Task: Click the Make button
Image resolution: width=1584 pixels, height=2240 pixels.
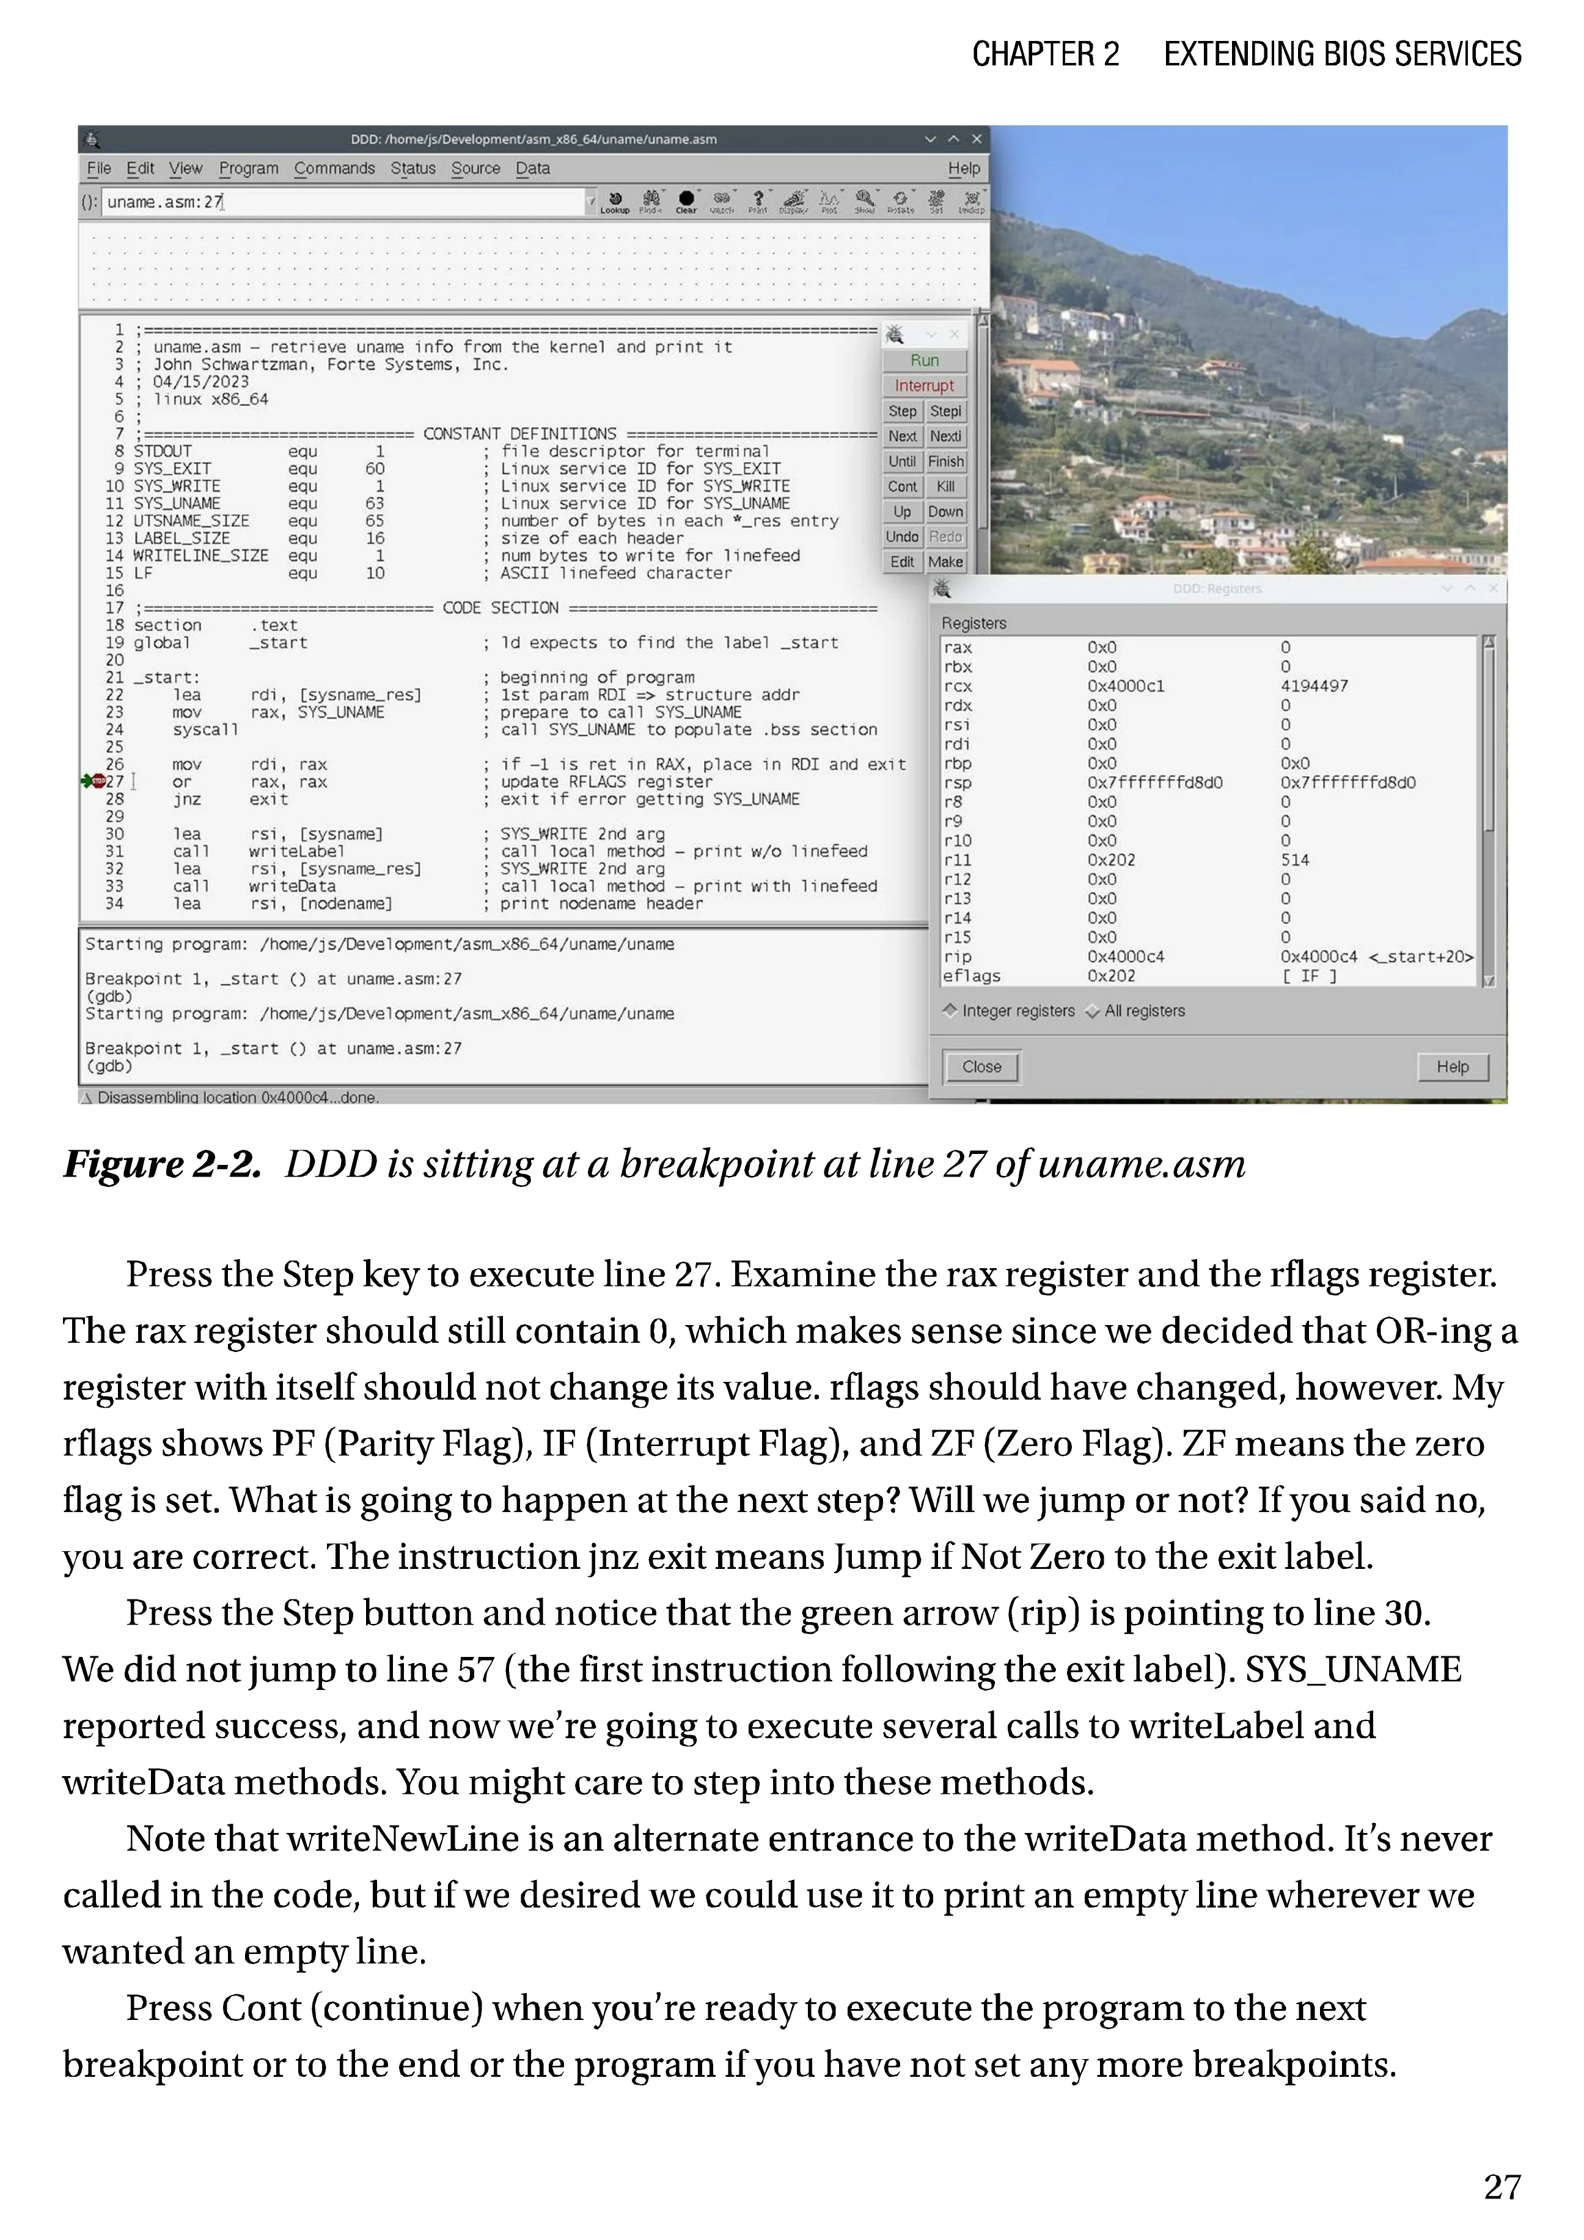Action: (945, 562)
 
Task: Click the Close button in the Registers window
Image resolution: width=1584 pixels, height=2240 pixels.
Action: (981, 1067)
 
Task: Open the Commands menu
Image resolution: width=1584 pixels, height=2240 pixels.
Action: (334, 169)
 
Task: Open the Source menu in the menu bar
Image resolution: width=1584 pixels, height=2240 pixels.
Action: (475, 169)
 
